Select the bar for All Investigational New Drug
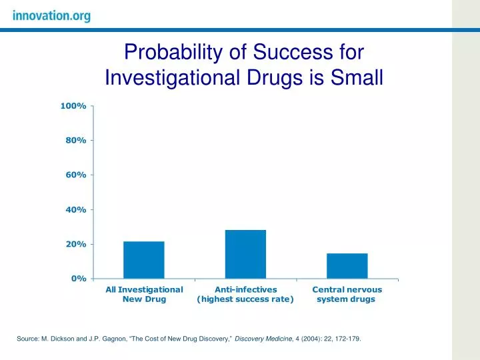pos(144,260)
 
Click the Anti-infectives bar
pos(245,254)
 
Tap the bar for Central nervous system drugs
pos(347,265)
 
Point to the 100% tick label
pos(73,106)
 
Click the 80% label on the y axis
pos(75,141)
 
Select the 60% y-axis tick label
pos(75,175)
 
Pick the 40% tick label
pos(75,210)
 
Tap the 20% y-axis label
pos(75,245)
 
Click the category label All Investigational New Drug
pos(144,295)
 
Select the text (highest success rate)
pos(245,299)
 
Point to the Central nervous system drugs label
pos(347,295)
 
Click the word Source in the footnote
pos(28,339)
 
